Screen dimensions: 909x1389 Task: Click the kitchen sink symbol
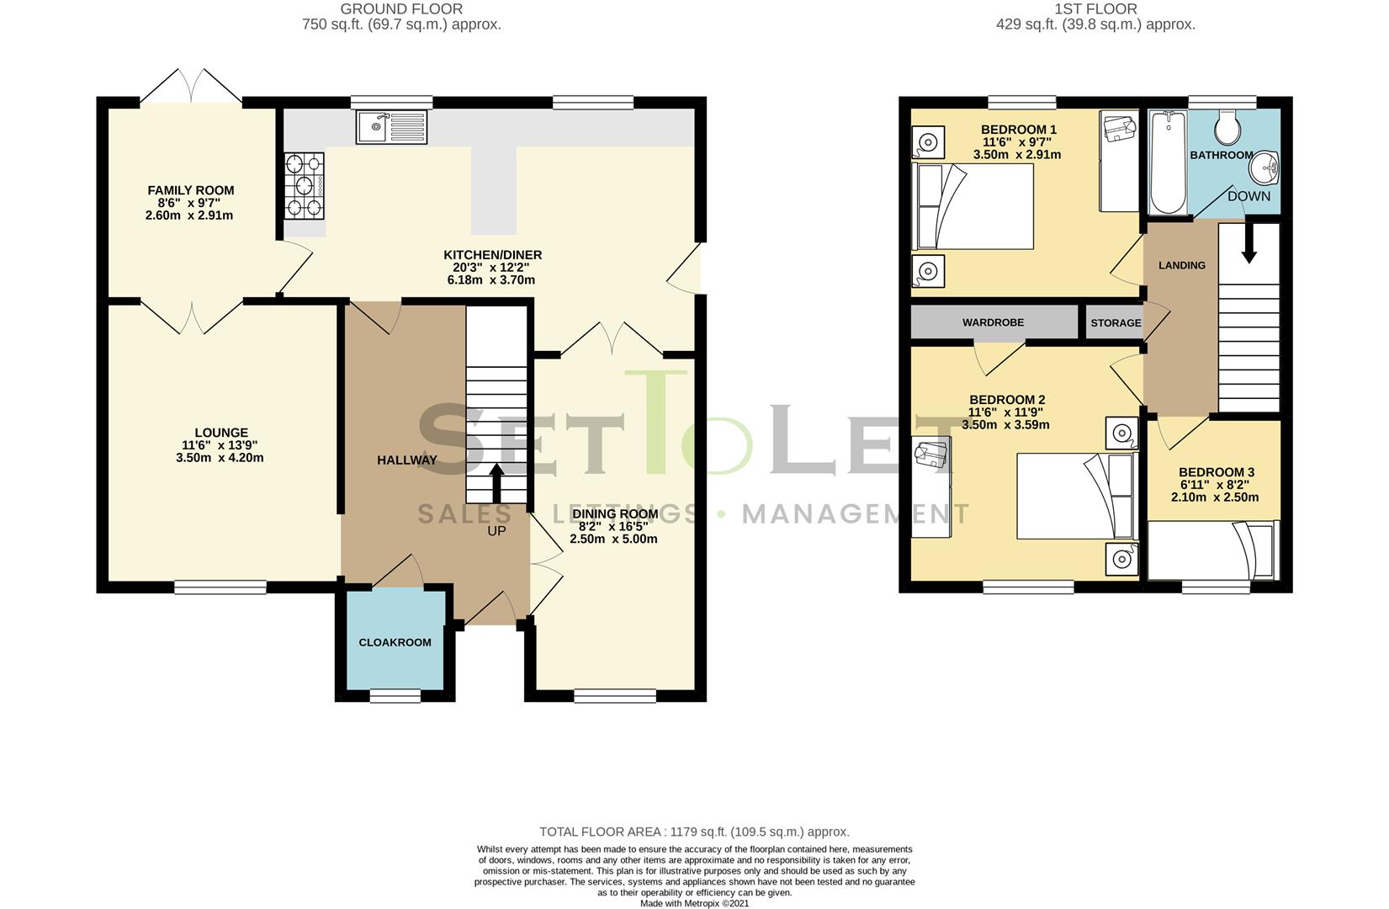[x=391, y=128]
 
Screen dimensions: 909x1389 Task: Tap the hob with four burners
[x=305, y=185]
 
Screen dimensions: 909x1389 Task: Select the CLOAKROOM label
[x=395, y=642]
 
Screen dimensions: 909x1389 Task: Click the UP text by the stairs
[x=496, y=531]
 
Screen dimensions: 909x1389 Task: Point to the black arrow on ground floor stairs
[x=496, y=483]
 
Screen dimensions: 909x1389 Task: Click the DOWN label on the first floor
[x=1249, y=196]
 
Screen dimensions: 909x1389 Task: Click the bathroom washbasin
[x=1264, y=170]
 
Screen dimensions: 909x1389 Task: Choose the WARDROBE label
[x=993, y=322]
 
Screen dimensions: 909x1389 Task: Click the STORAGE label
[x=1116, y=323]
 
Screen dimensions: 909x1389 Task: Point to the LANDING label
[x=1181, y=265]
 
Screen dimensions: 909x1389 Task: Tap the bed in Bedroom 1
[x=973, y=206]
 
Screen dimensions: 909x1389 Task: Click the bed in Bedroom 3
[x=1211, y=550]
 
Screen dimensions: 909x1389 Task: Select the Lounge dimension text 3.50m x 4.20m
[x=220, y=458]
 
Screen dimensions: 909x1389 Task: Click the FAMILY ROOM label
[x=191, y=190]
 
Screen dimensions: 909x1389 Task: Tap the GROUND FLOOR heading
[x=401, y=9]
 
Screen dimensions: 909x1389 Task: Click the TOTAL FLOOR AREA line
[x=694, y=832]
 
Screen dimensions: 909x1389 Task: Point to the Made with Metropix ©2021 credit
[x=694, y=903]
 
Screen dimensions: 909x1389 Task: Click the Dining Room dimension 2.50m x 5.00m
[x=613, y=539]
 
